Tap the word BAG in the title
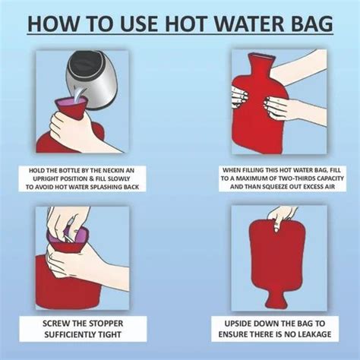coord(307,22)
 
